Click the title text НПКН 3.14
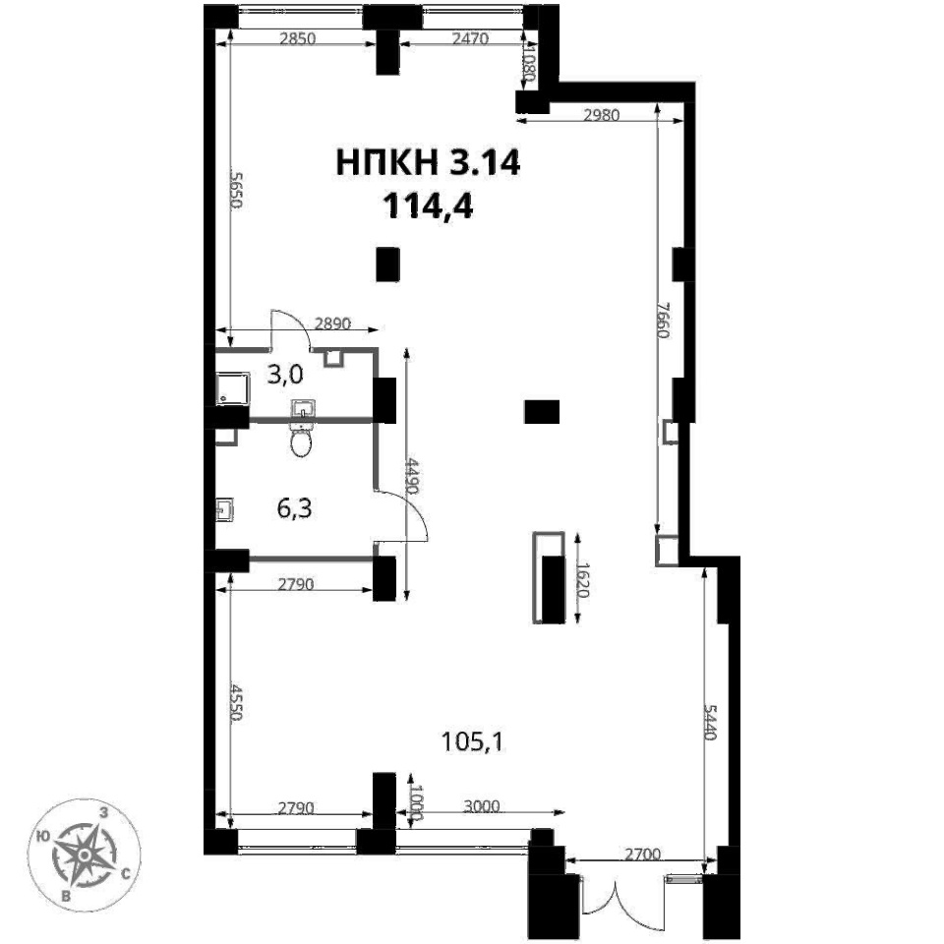[x=428, y=162]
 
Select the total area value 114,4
[x=428, y=206]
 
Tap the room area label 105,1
[x=473, y=741]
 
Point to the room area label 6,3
[x=294, y=508]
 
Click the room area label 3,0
[x=285, y=375]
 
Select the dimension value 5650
[x=237, y=190]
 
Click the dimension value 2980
[x=602, y=114]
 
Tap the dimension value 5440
[x=710, y=721]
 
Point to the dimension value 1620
[x=582, y=579]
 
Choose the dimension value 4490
[x=412, y=476]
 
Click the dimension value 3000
[x=482, y=805]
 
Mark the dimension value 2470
[x=470, y=38]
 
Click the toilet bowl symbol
[x=301, y=440]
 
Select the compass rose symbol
[x=85, y=855]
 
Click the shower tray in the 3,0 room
[x=232, y=387]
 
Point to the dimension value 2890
[x=333, y=324]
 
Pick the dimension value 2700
[x=642, y=854]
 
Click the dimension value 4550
[x=237, y=702]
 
